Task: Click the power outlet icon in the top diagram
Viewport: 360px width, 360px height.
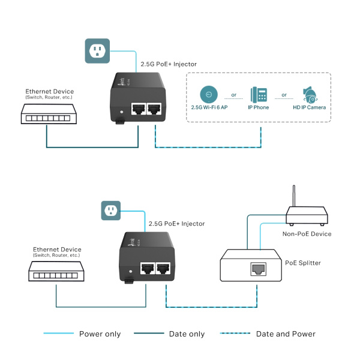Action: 97,51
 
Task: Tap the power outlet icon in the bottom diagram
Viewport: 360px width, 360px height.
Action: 110,210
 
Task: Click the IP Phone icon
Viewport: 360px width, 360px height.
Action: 259,94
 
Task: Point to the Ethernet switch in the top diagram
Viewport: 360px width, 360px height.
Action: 47,113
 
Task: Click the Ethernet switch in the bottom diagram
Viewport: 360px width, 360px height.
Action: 55,272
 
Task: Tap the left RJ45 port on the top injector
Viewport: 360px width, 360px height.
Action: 139,110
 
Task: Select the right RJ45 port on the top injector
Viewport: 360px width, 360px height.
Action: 155,110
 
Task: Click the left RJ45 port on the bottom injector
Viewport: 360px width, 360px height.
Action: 147,269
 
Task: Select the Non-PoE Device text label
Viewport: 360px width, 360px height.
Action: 307,234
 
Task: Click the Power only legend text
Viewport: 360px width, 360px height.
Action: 100,334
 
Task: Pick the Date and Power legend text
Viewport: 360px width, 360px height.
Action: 286,334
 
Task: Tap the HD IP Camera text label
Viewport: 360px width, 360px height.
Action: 309,107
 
